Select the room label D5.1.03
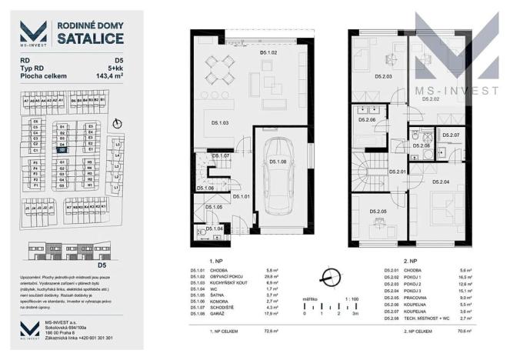[221, 123]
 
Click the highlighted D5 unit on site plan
[61, 149]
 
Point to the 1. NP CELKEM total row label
[211, 332]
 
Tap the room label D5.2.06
[366, 120]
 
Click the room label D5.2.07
[451, 135]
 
